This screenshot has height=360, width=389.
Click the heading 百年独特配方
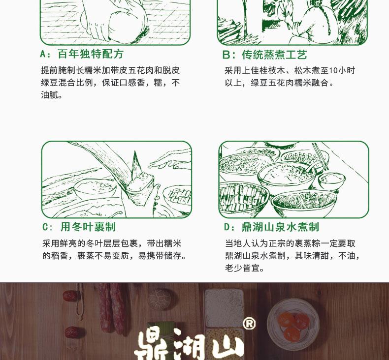(x=91, y=54)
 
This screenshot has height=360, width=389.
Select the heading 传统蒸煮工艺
(x=275, y=55)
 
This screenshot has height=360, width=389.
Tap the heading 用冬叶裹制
(x=88, y=227)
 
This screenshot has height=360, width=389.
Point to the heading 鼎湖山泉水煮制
(x=280, y=227)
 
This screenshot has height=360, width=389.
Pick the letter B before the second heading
(x=226, y=55)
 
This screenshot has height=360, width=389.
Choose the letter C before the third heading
(x=45, y=227)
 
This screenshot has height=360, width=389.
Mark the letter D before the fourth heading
(x=227, y=227)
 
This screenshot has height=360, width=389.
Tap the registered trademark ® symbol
(x=249, y=324)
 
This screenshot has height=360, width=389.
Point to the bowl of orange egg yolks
(x=293, y=324)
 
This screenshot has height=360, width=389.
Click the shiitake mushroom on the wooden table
(x=160, y=300)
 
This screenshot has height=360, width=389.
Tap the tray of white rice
(x=224, y=308)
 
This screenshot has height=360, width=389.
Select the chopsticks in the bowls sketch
(x=320, y=156)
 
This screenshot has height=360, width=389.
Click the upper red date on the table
(x=70, y=296)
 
